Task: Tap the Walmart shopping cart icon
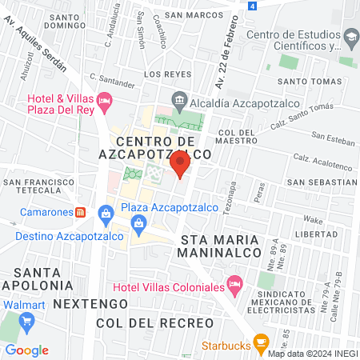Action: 27,322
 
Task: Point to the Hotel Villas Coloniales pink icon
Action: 234,283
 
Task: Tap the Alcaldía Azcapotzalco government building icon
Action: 179,102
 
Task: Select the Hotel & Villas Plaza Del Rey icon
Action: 104,102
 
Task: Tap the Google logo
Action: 27,350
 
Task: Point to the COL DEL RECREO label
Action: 154,322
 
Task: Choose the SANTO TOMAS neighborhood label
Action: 304,81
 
